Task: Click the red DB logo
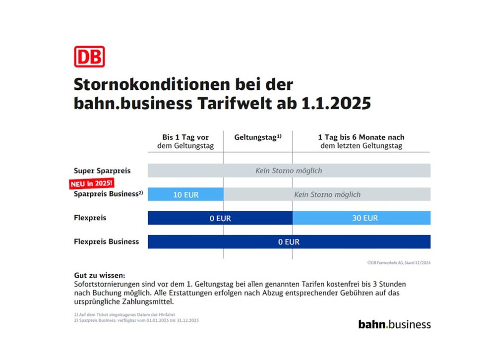[x=89, y=57]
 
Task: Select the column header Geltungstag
[x=255, y=137]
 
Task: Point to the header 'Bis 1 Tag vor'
[x=185, y=137]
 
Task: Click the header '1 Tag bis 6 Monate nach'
[x=361, y=137]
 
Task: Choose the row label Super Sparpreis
[x=102, y=171]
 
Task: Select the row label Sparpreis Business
[x=106, y=194]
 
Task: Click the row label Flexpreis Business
[x=106, y=242]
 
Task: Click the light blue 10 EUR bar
[x=185, y=194]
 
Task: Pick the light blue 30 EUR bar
[x=361, y=218]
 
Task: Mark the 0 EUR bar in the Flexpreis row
[x=220, y=218]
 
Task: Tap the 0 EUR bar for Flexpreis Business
[x=289, y=242]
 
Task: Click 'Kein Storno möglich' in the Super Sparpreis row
[x=289, y=171]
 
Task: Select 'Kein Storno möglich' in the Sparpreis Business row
[x=327, y=194]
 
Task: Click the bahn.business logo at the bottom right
[x=394, y=324]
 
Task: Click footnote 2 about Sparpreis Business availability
[x=136, y=320]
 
